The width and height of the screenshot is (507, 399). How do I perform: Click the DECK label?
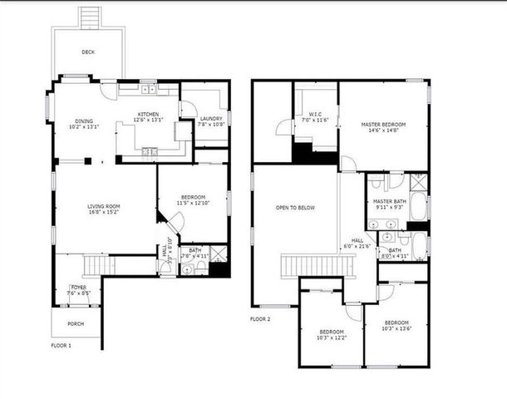(88, 52)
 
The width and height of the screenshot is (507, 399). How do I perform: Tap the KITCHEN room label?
(148, 114)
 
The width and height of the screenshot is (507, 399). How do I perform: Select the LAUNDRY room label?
(211, 119)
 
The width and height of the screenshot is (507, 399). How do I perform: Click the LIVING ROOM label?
(105, 205)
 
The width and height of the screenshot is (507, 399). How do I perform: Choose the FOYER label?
(79, 288)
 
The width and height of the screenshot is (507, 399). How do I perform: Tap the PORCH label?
(75, 323)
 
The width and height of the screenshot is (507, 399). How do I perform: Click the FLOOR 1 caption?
(62, 345)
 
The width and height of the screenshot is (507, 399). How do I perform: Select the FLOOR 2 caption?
(260, 318)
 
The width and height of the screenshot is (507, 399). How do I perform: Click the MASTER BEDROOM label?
(383, 125)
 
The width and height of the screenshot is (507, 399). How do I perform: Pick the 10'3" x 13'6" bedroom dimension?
(396, 328)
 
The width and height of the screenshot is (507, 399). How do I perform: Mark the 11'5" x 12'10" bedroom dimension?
(192, 203)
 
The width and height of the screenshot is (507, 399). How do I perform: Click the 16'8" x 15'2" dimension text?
(105, 211)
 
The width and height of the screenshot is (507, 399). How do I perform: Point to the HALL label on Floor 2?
(357, 239)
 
